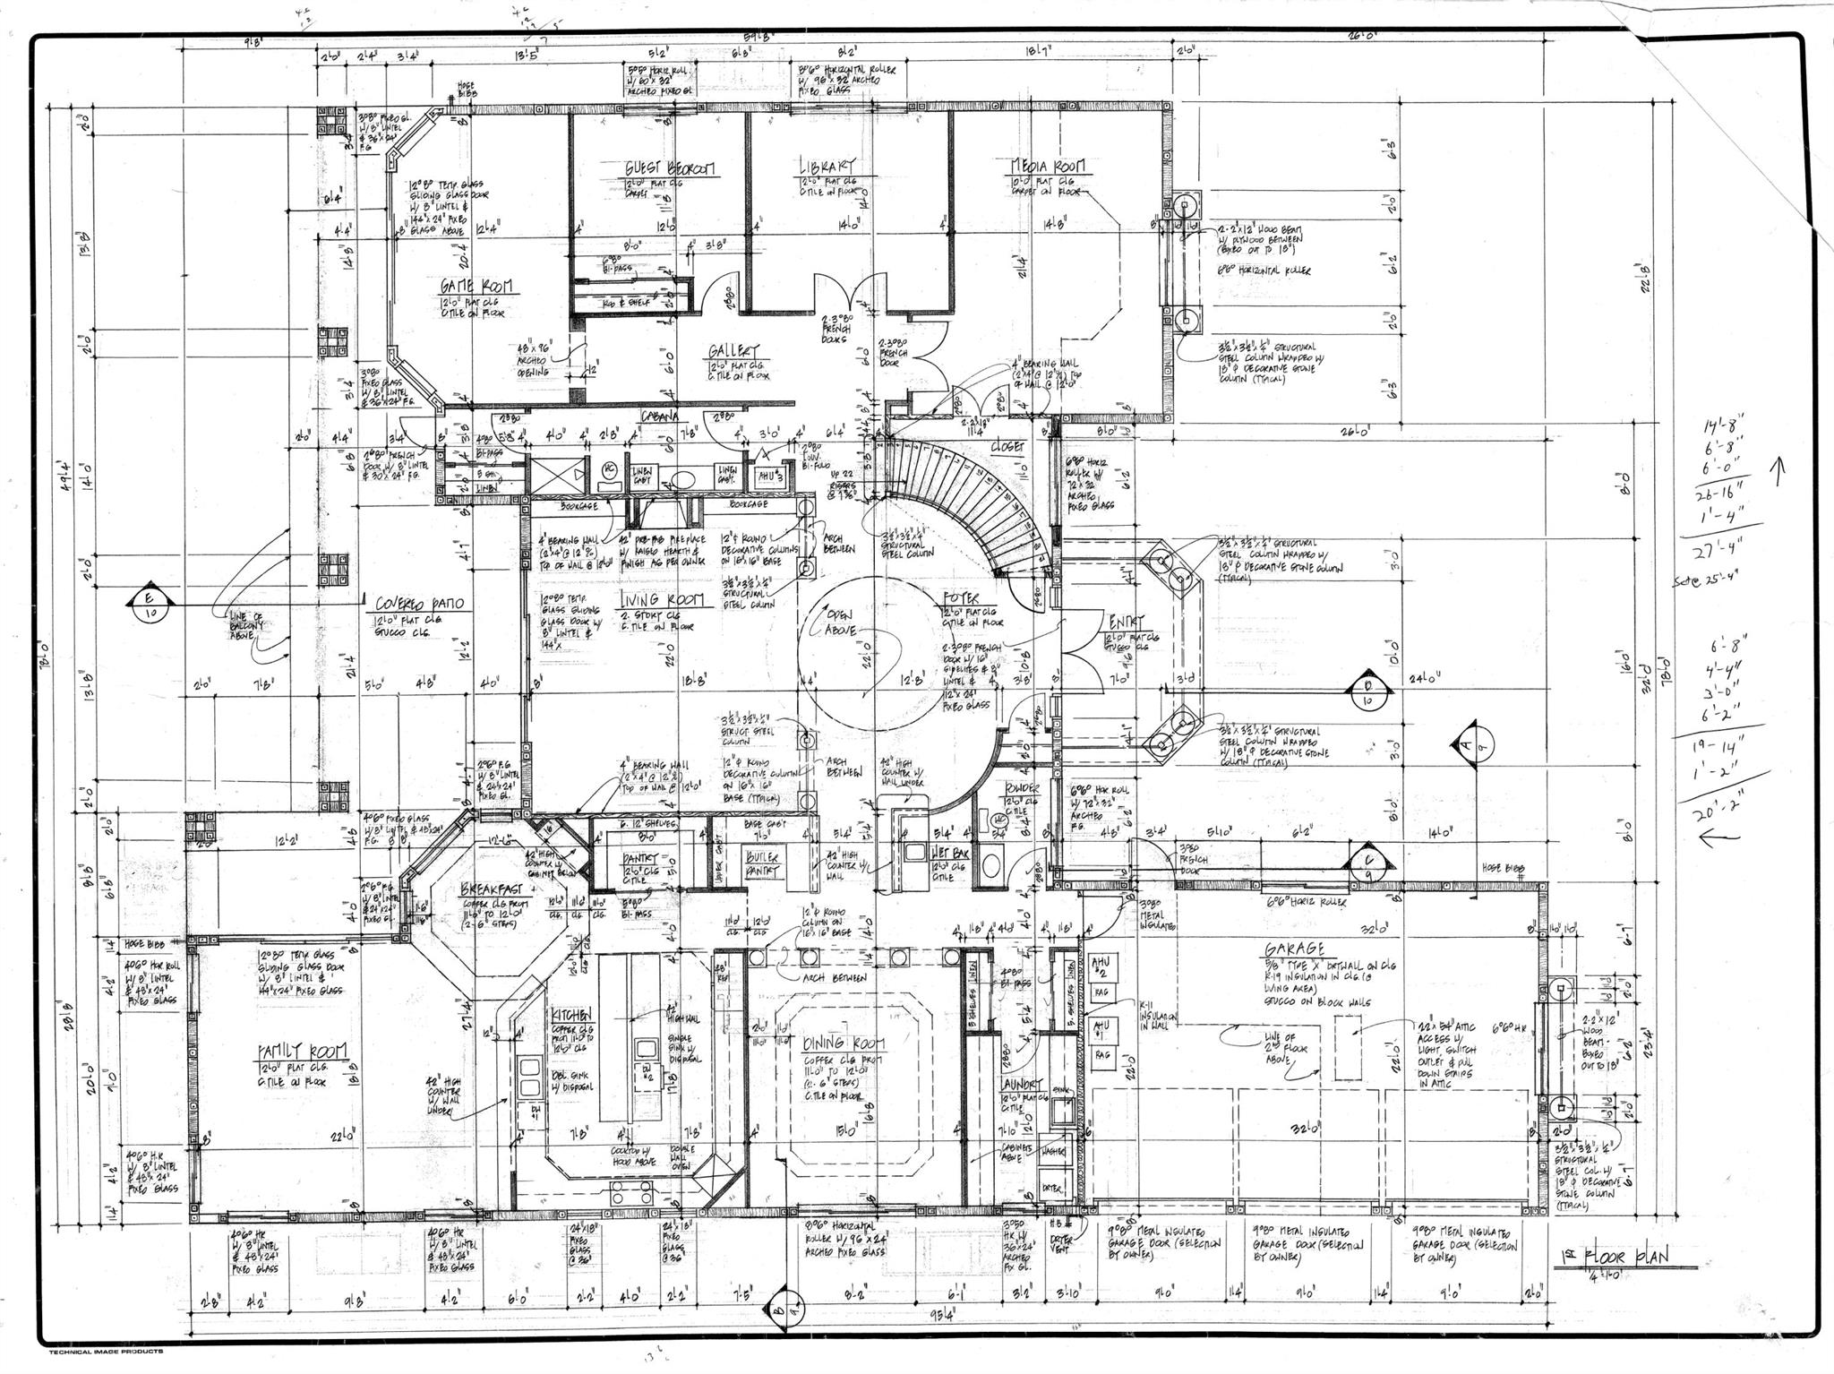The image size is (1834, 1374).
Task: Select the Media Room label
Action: (x=1047, y=167)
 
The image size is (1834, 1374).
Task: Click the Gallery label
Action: (x=733, y=350)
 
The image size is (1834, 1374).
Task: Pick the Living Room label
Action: (x=663, y=598)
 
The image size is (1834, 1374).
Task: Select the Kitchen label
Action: (x=571, y=1015)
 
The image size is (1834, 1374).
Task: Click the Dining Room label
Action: (x=843, y=1043)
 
